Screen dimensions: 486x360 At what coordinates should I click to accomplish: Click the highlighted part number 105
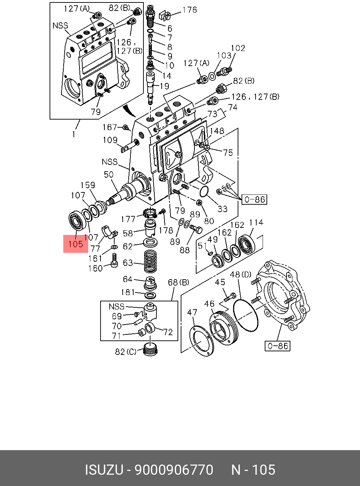[x=76, y=244]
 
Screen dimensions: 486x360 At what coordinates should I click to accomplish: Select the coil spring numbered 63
[x=150, y=262]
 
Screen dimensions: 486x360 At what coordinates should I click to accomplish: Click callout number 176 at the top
[x=190, y=10]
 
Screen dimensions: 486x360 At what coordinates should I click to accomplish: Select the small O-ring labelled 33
[x=203, y=192]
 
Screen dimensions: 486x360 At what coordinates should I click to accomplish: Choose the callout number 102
[x=238, y=48]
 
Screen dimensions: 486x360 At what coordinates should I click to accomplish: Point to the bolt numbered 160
[x=114, y=261]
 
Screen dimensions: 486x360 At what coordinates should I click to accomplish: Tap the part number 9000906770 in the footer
[x=174, y=470]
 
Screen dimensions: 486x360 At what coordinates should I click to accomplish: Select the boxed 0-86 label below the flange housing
[x=277, y=346]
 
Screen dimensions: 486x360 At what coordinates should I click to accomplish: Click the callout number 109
[x=110, y=140]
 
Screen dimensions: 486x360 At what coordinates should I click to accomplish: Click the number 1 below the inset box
[x=74, y=134]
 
